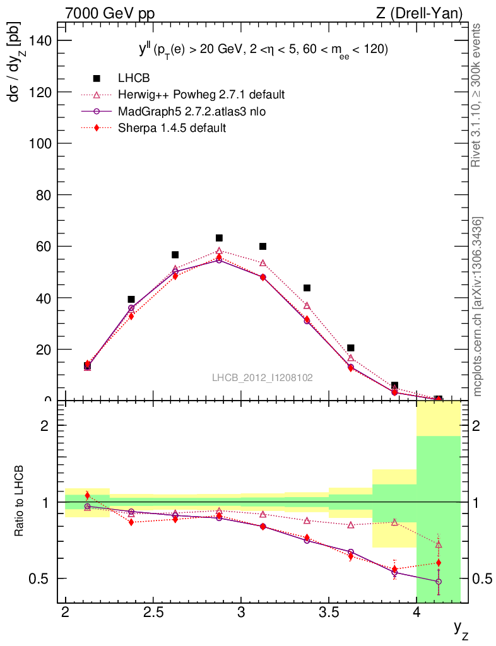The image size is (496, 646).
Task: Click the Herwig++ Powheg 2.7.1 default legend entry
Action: pos(201,95)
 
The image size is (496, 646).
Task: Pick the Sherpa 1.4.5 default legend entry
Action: pos(172,127)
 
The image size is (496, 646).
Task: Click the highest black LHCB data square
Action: pos(219,238)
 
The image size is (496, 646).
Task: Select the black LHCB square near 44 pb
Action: pos(307,288)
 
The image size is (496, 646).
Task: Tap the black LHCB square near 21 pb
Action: pos(351,348)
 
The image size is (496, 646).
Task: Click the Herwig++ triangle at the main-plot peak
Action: pos(219,250)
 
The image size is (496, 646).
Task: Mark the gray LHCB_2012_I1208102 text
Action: pos(262,377)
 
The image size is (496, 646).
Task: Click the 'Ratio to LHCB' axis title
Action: pos(20,502)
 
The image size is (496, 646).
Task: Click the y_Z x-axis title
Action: pos(461,627)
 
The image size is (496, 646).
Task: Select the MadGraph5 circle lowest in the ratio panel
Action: pos(439,582)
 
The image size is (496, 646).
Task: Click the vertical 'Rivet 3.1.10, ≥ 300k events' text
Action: pos(476,95)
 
